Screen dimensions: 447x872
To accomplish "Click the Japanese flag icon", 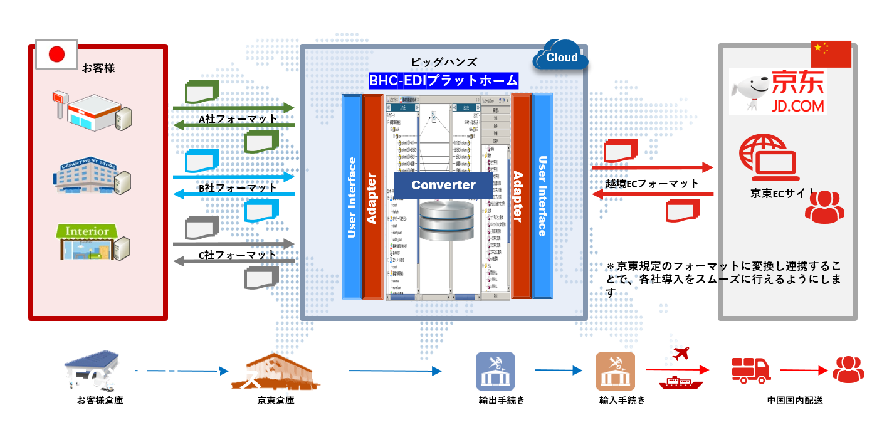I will (56, 55).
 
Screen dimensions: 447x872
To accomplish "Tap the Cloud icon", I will (560, 56).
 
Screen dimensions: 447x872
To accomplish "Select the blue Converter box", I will (443, 185).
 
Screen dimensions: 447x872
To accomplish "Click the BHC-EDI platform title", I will (443, 81).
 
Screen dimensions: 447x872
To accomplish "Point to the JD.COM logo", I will (777, 92).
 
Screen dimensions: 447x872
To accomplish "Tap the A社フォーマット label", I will (238, 118).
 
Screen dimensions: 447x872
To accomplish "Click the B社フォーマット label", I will (238, 187).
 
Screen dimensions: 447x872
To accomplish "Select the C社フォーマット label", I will (238, 255).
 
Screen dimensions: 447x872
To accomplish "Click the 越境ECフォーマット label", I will (652, 184).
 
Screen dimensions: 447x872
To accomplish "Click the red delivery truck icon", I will (751, 370).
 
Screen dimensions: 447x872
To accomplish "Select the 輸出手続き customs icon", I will (495, 371).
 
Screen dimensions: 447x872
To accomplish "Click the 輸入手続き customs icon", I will (614, 371).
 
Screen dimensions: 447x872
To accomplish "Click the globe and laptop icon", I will (768, 155).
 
